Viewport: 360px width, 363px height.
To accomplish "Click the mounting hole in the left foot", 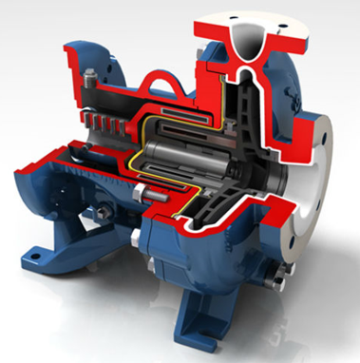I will click(38, 253).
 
